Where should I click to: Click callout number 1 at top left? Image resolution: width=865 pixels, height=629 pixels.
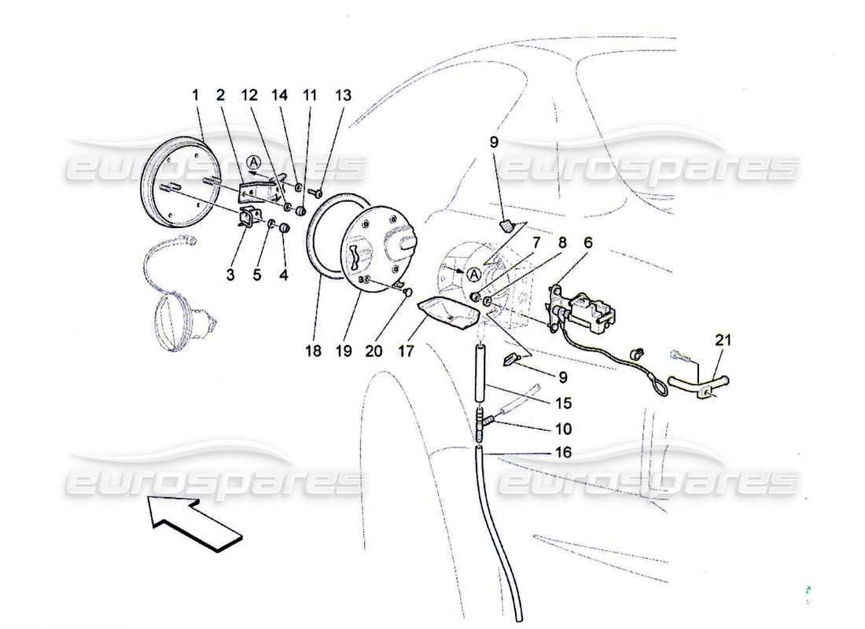click(195, 95)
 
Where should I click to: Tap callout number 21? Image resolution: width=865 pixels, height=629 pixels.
click(722, 340)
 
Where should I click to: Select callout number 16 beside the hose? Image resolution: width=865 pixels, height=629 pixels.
click(562, 454)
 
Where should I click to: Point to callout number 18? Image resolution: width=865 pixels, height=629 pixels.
click(314, 352)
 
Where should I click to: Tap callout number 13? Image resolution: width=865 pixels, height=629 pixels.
click(342, 95)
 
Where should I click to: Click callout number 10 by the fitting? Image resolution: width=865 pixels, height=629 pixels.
click(562, 429)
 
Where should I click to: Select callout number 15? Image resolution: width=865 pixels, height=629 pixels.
click(562, 403)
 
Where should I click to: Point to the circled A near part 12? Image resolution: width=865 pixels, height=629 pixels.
click(252, 162)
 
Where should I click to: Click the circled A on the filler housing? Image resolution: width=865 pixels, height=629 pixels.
click(473, 274)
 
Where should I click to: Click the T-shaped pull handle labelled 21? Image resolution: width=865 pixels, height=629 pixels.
click(699, 384)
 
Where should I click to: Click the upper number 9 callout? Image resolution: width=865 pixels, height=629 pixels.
click(494, 143)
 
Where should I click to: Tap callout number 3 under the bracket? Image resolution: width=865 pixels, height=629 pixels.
click(231, 275)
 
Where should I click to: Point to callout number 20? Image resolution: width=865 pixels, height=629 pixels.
click(374, 352)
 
